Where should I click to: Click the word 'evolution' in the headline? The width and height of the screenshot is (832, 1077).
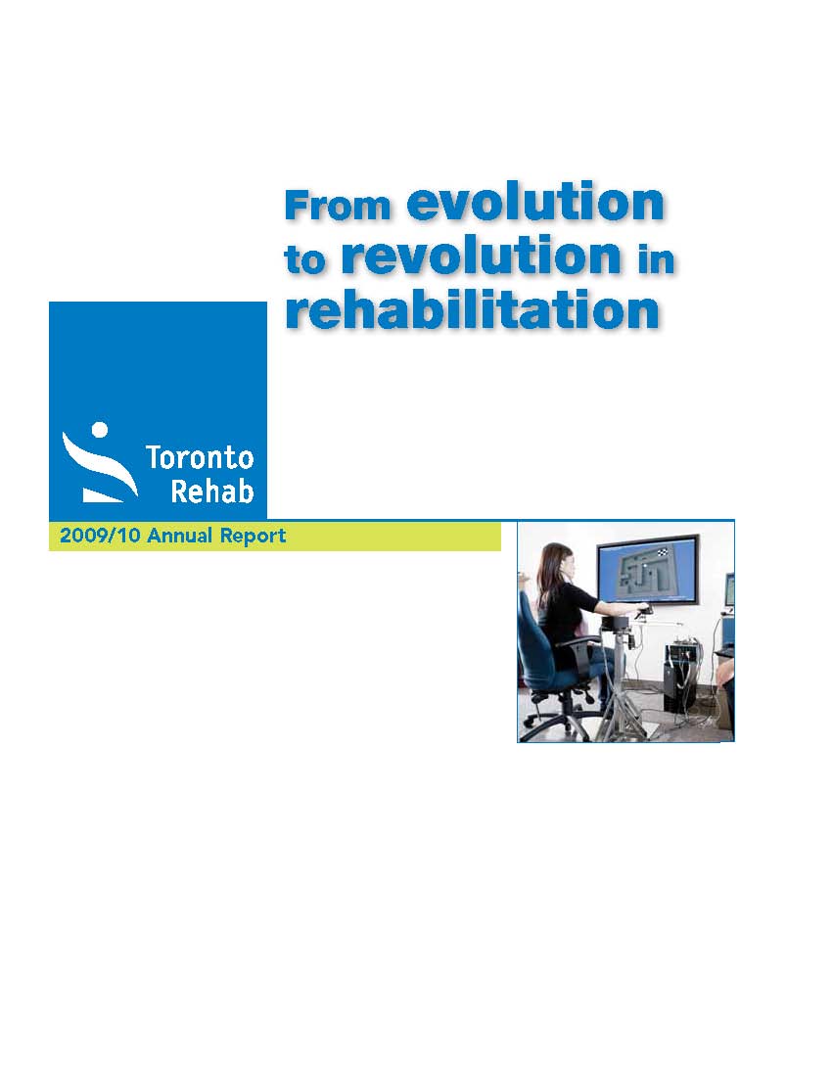(535, 202)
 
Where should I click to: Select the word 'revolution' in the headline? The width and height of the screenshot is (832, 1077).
(482, 255)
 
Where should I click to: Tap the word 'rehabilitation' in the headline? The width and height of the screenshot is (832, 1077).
(473, 309)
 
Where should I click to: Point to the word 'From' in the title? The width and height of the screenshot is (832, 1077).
(338, 206)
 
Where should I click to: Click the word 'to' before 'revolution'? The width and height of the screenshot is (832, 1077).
(304, 259)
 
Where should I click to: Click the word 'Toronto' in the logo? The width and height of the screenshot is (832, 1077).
(200, 457)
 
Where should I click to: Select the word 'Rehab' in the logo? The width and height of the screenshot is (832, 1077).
(212, 491)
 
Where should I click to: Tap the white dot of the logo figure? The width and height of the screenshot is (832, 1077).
(100, 429)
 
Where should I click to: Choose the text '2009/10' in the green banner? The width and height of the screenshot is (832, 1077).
(100, 535)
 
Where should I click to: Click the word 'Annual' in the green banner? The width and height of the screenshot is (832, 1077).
(179, 535)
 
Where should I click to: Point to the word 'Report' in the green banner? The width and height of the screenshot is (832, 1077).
(253, 536)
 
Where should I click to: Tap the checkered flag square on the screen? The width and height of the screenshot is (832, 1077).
(663, 551)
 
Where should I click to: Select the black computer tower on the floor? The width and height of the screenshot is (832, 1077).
(679, 677)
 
